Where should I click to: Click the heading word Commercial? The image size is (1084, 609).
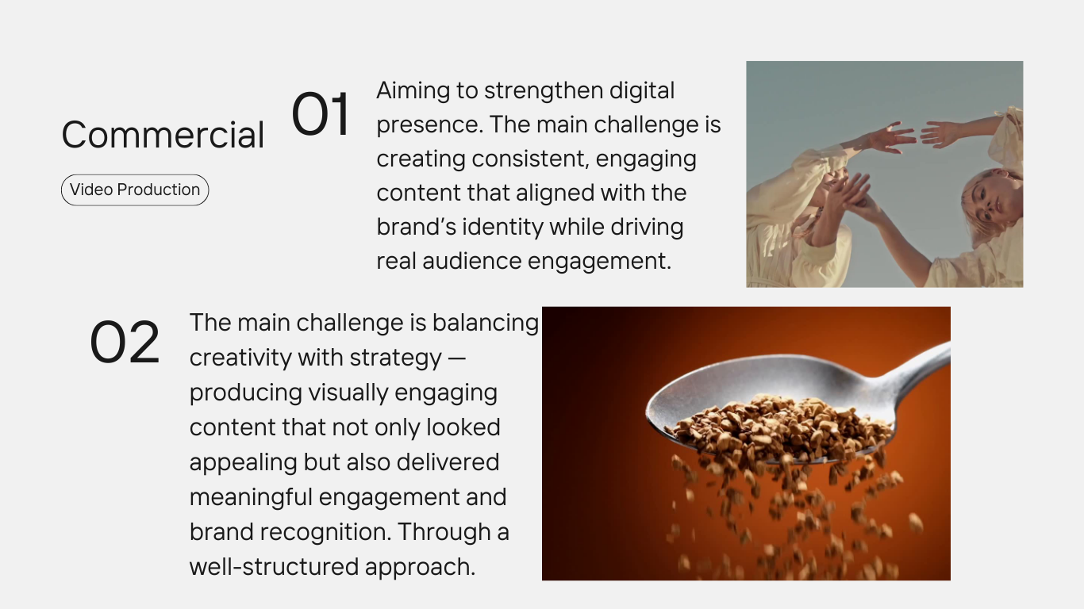[x=163, y=135]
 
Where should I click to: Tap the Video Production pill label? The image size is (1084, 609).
[x=135, y=190]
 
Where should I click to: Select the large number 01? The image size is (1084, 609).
[x=321, y=114]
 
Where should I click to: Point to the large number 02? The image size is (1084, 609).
[x=125, y=342]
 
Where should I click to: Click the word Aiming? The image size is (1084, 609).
[x=413, y=91]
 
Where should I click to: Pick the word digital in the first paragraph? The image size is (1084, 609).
[x=642, y=90]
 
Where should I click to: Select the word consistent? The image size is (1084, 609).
[x=530, y=159]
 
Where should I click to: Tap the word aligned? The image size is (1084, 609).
[x=555, y=193]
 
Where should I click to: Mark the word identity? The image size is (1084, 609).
[x=503, y=228]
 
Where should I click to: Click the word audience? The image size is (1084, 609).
[x=472, y=261]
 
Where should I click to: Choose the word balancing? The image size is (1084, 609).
[x=486, y=323]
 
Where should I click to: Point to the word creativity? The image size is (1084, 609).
[x=240, y=358]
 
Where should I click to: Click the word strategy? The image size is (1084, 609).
[x=396, y=358]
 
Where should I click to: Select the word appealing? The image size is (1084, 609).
[x=244, y=463]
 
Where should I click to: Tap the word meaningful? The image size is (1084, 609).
[x=251, y=497]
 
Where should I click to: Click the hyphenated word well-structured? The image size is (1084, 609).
[x=274, y=567]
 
